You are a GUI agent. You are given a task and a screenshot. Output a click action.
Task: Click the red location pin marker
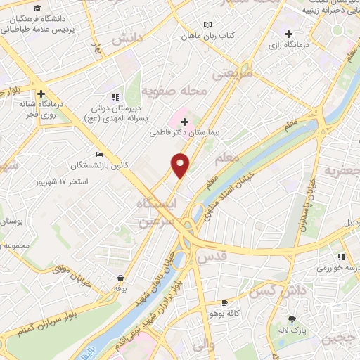181,165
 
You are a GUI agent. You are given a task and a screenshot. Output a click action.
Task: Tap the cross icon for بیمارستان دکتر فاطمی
184,122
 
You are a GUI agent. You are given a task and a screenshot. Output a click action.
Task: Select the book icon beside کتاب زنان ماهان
207,25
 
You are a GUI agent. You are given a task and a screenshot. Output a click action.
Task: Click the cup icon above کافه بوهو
224,302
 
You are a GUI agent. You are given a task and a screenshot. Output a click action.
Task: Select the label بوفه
120,288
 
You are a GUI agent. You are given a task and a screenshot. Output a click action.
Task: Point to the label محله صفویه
172,91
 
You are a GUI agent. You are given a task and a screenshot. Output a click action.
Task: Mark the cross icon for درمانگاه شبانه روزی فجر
42,93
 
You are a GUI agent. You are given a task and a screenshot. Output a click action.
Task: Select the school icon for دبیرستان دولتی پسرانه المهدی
115,98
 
